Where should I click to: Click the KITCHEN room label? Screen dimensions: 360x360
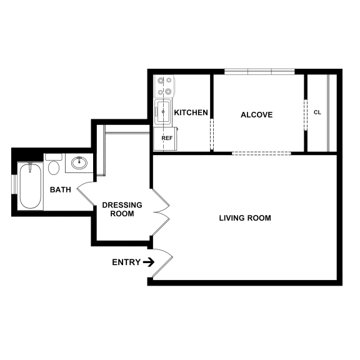coord(191,112)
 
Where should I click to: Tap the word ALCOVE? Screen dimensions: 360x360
coord(257,114)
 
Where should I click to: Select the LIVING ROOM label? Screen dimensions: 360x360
coord(245,218)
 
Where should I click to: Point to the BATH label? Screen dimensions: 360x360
coord(60,189)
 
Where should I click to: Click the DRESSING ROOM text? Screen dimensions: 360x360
coord(122,209)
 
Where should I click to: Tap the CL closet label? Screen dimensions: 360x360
coord(317,112)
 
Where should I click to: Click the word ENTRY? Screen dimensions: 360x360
coord(126,262)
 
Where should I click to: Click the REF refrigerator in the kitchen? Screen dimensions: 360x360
coord(166,138)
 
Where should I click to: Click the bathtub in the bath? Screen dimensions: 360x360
coord(30,186)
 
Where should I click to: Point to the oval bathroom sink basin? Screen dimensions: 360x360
coord(79,163)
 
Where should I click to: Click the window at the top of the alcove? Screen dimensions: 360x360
coord(259,71)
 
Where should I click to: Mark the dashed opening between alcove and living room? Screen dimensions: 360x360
coord(261,153)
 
